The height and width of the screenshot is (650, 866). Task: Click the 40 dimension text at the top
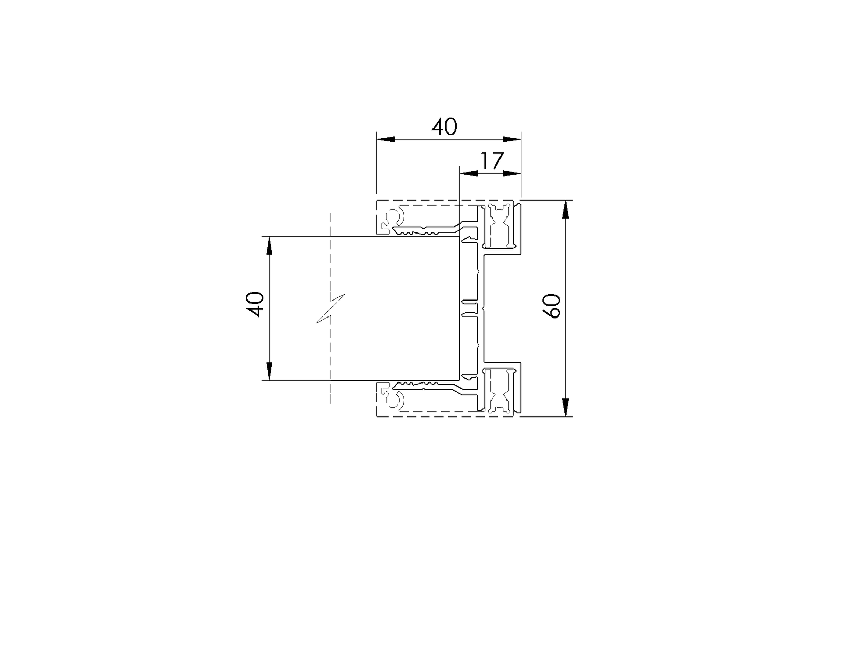pyautogui.click(x=444, y=126)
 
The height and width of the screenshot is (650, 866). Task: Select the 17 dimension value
pyautogui.click(x=491, y=161)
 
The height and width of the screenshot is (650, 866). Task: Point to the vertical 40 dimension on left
pyautogui.click(x=256, y=304)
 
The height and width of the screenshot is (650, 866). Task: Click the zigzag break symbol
pyautogui.click(x=330, y=308)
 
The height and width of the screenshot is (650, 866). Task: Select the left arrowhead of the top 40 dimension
pyautogui.click(x=386, y=139)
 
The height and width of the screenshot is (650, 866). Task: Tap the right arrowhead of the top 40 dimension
pyautogui.click(x=511, y=139)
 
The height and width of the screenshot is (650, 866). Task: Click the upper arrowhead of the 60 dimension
pyautogui.click(x=566, y=208)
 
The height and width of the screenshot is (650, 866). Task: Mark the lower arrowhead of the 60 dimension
pyautogui.click(x=566, y=407)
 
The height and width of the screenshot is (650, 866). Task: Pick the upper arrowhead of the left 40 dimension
pyautogui.click(x=269, y=245)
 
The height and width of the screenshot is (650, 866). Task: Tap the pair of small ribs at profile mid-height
pyautogui.click(x=471, y=306)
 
